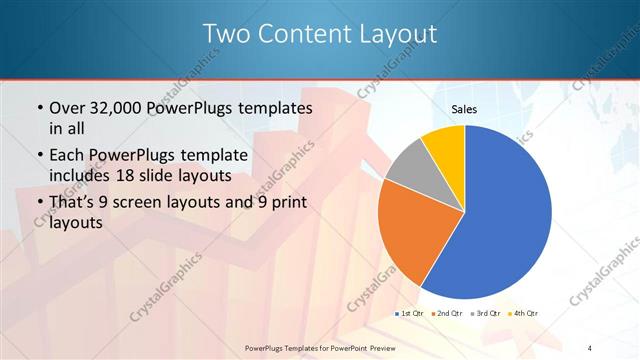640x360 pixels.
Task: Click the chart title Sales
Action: (464, 108)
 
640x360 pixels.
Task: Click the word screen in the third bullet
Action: (153, 203)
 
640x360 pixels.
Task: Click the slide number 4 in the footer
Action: (589, 347)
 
